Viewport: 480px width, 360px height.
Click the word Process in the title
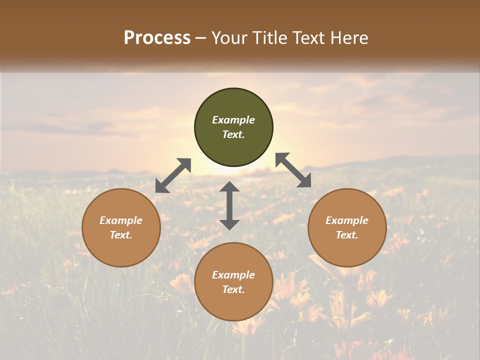tap(157, 38)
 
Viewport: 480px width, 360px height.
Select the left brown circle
tap(121, 227)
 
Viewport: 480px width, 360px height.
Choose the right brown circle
tap(347, 227)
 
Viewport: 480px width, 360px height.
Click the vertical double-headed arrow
tap(229, 205)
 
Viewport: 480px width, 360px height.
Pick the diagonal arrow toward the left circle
tap(173, 175)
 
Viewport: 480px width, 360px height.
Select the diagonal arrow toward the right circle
tap(293, 170)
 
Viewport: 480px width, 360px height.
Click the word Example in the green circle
tap(233, 120)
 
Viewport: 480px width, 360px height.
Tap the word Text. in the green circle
tap(233, 134)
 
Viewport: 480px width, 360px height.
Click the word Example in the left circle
tap(121, 220)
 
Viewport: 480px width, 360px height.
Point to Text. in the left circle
tap(121, 235)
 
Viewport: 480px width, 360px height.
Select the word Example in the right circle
tap(347, 220)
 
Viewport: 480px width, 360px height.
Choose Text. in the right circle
tap(347, 235)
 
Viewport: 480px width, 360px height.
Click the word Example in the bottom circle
tap(233, 275)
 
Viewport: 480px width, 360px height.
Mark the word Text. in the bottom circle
tap(233, 289)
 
